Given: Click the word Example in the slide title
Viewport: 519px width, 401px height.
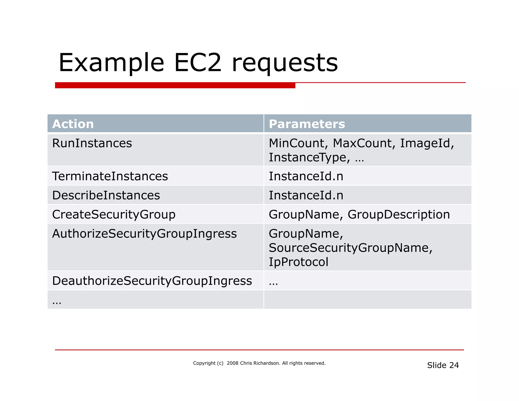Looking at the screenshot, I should (111, 63).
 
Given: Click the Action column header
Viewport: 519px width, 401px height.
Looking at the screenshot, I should (73, 124).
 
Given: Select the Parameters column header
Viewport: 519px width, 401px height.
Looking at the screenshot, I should (307, 124).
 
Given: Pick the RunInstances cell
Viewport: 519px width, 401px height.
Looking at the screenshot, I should (92, 143).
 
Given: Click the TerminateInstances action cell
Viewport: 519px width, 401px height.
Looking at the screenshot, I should (110, 176).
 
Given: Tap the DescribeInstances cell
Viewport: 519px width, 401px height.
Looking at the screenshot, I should (106, 195).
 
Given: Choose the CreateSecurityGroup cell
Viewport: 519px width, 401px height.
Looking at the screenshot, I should (114, 215).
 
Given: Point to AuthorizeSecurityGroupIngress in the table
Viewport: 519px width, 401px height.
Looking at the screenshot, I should (144, 234).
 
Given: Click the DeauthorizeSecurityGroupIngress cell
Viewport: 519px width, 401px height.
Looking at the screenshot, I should (152, 281).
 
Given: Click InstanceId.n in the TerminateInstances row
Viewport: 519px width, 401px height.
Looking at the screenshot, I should (306, 176).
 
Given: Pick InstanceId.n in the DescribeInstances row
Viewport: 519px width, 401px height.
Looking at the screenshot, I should (306, 195).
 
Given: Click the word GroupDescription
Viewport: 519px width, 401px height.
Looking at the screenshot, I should (399, 215).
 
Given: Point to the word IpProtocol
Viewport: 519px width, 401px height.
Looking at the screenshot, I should (298, 262).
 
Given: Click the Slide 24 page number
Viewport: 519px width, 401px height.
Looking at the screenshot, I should (443, 365).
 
